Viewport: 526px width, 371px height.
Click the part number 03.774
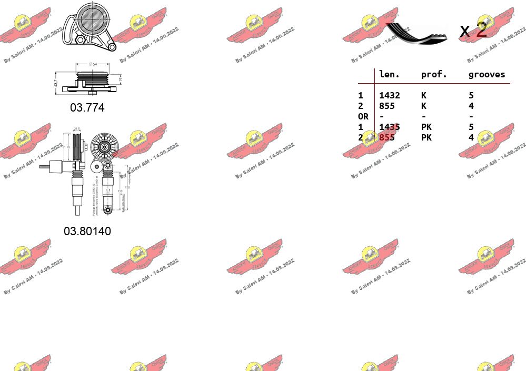pyautogui.click(x=87, y=108)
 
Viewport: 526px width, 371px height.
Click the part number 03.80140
pyautogui.click(x=87, y=231)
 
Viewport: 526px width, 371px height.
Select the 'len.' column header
pyautogui.click(x=390, y=74)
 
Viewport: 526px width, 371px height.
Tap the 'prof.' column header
pyautogui.click(x=434, y=74)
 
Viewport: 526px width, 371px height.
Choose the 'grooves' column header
pyautogui.click(x=487, y=74)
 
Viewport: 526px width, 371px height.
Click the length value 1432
pyautogui.click(x=390, y=95)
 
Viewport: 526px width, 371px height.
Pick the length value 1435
pyautogui.click(x=390, y=127)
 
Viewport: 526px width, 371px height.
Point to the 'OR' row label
pyautogui.click(x=363, y=116)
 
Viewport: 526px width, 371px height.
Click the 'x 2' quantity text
pyautogui.click(x=473, y=30)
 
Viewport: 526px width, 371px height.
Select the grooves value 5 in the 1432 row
pyautogui.click(x=471, y=95)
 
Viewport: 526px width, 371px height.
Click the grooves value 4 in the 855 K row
pyautogui.click(x=471, y=106)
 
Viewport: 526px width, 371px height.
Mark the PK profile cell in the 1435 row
pyautogui.click(x=426, y=127)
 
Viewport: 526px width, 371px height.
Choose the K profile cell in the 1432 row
pyautogui.click(x=424, y=95)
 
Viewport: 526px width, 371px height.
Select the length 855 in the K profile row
pyautogui.click(x=387, y=106)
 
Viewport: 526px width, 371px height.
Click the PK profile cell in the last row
pyautogui.click(x=426, y=137)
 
